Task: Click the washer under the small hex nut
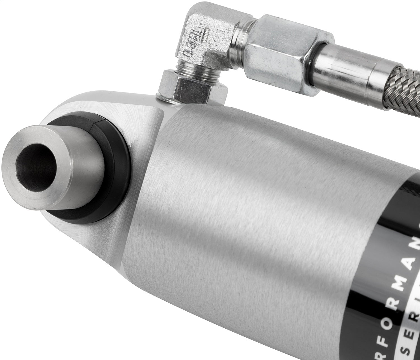click(168, 99)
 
